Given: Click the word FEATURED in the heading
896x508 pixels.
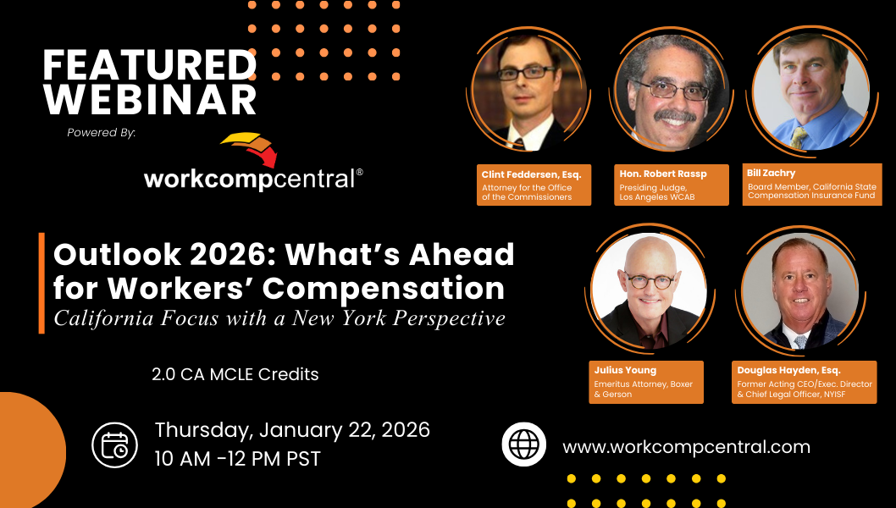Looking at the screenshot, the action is point(150,65).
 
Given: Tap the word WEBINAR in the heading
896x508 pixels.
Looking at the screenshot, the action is point(150,100).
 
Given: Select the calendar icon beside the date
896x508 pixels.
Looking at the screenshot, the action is point(115,445).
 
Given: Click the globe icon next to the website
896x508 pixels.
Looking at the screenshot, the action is point(524,444).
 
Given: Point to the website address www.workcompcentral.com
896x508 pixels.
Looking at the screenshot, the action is point(686,446).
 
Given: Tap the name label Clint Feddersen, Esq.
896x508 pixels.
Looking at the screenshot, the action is point(532,174).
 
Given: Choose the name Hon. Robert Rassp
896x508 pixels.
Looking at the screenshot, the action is point(663,174).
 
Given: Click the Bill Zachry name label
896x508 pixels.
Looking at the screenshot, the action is point(771,173).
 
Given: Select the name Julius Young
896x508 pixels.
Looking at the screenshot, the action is point(625,370).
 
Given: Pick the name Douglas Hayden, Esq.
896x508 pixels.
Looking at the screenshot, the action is point(788,370).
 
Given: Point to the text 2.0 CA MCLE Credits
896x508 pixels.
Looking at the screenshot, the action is point(235,374).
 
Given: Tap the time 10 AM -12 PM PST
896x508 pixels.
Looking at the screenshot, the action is point(237,459).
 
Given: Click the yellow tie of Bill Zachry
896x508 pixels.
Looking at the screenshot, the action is point(799,138).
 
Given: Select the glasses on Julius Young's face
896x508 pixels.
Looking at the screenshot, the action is point(650,281).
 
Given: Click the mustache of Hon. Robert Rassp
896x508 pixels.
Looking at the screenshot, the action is point(674,116).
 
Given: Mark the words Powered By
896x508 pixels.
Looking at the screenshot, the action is point(101,133).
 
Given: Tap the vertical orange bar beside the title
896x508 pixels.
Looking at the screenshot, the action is point(41,283).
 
